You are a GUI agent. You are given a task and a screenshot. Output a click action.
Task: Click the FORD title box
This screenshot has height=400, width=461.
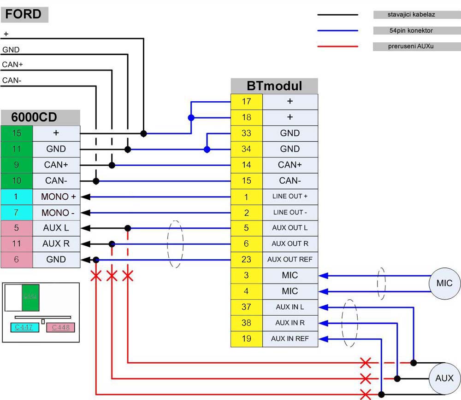point(24,14)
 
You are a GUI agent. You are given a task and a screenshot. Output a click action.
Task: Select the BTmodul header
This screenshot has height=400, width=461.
point(274,86)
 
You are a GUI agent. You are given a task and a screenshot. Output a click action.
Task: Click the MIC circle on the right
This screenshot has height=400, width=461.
point(444,284)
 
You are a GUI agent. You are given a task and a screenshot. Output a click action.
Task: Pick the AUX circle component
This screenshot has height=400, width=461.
point(444,378)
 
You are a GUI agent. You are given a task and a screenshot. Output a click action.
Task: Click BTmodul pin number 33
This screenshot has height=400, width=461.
point(247,133)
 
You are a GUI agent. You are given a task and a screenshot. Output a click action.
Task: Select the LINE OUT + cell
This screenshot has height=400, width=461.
point(290,197)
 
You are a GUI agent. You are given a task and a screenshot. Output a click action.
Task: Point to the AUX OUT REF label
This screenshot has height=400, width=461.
point(290,260)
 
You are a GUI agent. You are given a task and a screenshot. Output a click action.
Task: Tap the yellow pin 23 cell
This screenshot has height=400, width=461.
point(247,260)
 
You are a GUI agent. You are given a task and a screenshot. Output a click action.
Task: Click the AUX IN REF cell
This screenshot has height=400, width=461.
point(290,339)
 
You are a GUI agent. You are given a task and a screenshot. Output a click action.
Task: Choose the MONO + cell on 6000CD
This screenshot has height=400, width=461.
point(56,197)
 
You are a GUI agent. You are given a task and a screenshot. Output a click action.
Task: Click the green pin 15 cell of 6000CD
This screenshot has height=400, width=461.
point(17,133)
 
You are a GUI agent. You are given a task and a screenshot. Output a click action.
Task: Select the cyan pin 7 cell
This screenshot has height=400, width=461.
point(17,213)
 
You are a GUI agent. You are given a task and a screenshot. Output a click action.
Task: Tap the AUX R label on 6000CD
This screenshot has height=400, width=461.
point(56,244)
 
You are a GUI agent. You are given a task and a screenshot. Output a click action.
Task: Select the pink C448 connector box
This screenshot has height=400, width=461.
point(60,327)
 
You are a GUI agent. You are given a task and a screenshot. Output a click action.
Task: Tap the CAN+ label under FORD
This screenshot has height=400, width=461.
point(12,65)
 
